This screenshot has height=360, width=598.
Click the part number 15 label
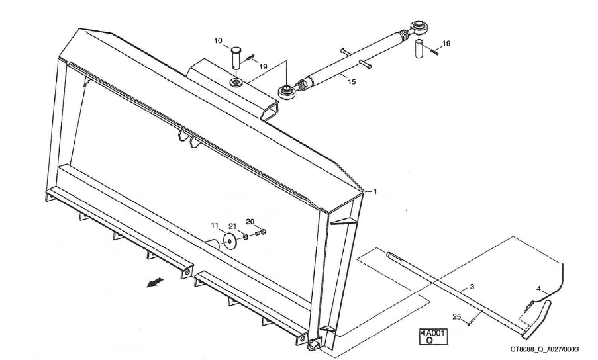coord(352,82)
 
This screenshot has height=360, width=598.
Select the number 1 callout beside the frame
coord(375,192)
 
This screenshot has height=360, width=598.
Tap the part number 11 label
coord(215,226)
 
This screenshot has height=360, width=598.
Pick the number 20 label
coord(250,221)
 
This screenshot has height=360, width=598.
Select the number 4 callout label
coord(540,289)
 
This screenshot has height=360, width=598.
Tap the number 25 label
coord(456,316)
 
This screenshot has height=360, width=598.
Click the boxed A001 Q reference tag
coord(431,336)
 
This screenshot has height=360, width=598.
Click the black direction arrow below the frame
coord(154,282)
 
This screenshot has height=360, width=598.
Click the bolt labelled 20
coord(261,233)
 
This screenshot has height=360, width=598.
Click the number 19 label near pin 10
coord(263,66)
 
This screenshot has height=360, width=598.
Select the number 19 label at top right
coord(446,44)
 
